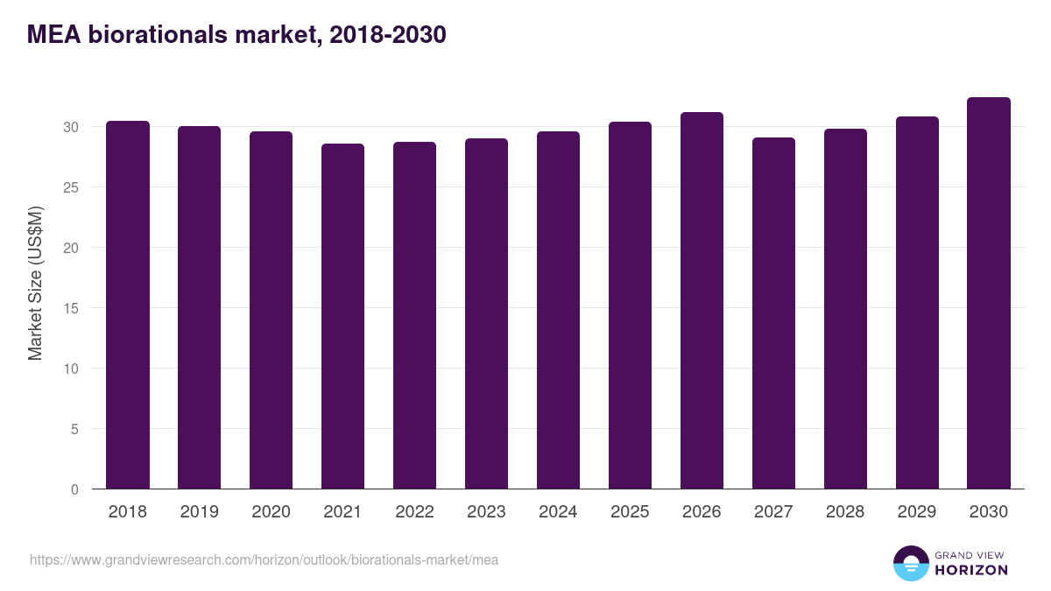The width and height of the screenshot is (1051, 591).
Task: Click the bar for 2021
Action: pos(342,316)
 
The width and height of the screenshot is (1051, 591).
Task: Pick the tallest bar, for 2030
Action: pos(989,293)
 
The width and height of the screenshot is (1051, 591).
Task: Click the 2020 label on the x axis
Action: pos(271,512)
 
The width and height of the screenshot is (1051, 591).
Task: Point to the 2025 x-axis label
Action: pos(630,512)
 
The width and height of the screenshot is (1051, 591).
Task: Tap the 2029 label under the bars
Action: pos(917,512)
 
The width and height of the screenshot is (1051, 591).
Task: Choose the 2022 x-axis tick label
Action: pos(414,512)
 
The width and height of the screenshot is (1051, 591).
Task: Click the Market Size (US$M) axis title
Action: pos(35,283)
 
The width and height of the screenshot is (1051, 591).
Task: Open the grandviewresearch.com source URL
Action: pos(264,559)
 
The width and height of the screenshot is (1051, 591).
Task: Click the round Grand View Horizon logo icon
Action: pos(911,563)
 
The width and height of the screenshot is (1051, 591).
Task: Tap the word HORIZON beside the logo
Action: pos(971,570)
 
